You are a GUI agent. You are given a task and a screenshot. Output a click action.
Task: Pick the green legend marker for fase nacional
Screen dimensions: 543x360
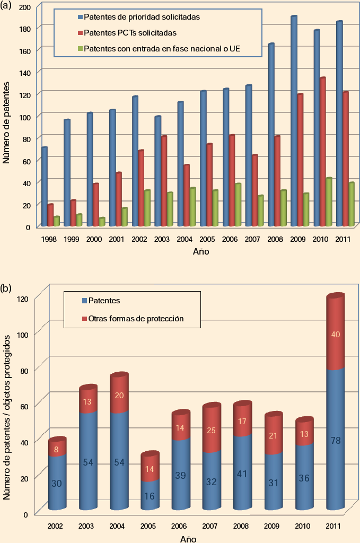tap(80, 49)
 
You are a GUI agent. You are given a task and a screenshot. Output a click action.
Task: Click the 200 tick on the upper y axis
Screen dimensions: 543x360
tap(23, 6)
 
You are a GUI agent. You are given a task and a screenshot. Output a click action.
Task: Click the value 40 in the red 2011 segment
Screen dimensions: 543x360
tap(335, 334)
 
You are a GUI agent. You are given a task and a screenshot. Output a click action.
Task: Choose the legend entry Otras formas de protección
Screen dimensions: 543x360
tap(133, 319)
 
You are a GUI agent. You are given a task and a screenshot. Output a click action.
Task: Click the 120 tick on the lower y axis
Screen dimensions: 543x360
tap(22, 298)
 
